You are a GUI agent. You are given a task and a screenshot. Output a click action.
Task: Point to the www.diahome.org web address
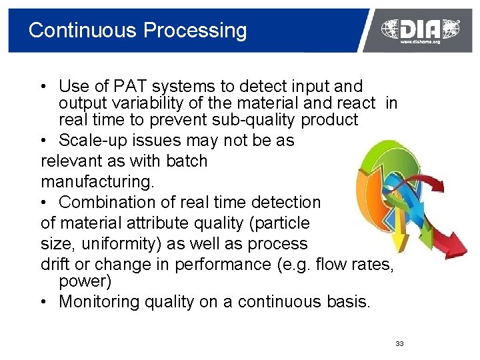[420, 42]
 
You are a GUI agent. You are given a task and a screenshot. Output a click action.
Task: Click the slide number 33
[399, 343]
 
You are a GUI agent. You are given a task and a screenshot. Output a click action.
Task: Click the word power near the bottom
[85, 281]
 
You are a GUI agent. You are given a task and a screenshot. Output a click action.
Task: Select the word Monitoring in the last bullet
[97, 301]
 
